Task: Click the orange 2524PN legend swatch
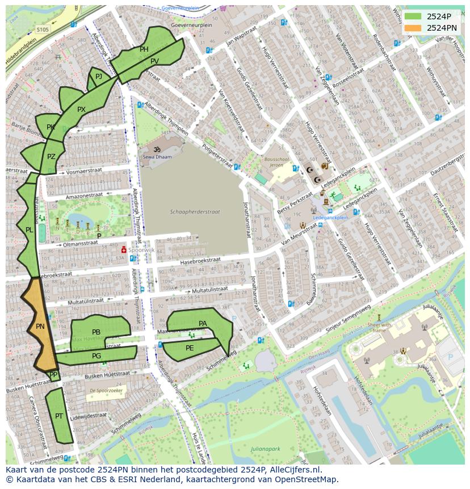point(413,28)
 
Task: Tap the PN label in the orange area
point(40,327)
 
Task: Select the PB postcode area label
point(96,332)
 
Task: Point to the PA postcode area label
point(203,324)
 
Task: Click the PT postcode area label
point(59,416)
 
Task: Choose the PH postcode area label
point(144,49)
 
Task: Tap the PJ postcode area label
point(99,76)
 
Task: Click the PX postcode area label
point(81,110)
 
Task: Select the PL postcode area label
point(29,230)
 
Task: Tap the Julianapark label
point(265,449)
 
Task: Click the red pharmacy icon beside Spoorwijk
point(123,249)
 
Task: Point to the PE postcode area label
point(190,348)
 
